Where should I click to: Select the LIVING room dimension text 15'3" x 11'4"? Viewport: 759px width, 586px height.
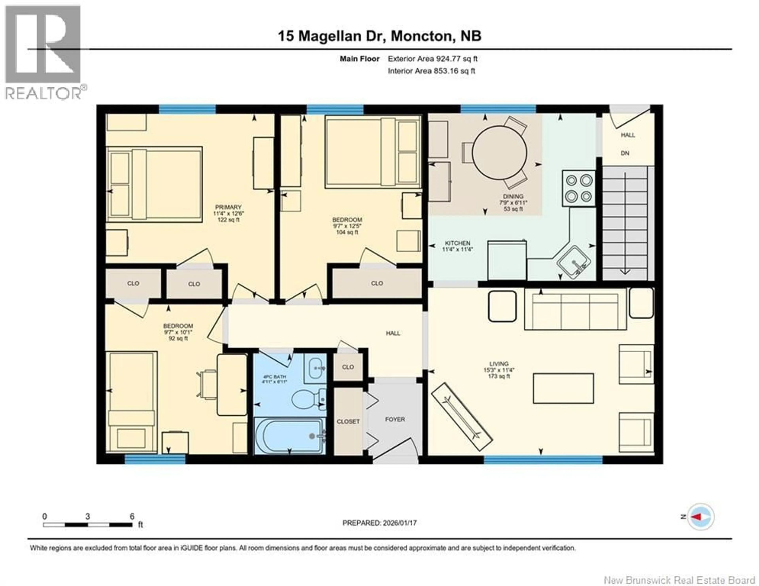click(x=499, y=370)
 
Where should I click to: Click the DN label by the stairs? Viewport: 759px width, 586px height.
click(x=625, y=153)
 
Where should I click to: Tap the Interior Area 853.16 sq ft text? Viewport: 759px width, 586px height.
click(x=431, y=71)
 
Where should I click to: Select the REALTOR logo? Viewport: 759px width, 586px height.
click(x=43, y=52)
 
